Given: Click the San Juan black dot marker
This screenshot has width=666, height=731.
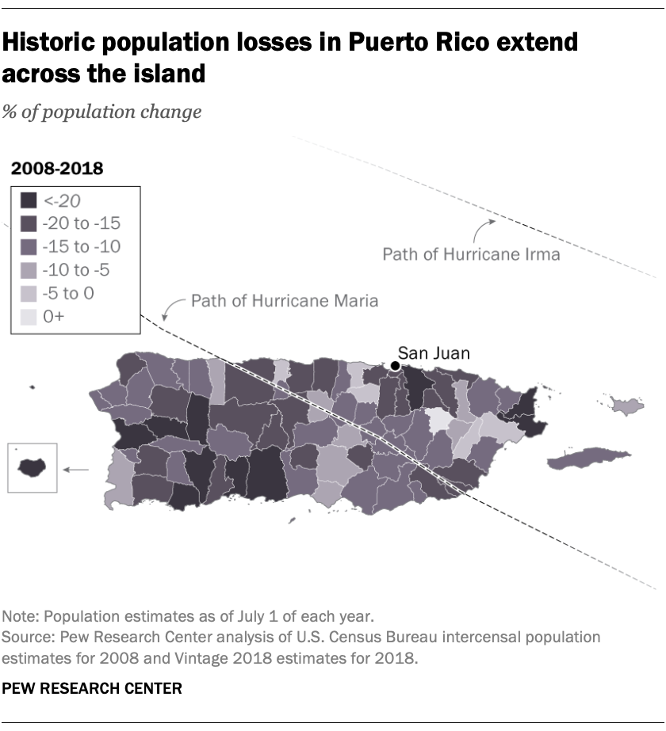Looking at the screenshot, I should click(395, 365).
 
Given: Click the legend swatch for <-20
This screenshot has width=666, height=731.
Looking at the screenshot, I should click(29, 200).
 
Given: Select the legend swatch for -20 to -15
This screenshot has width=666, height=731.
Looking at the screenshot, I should click(29, 223).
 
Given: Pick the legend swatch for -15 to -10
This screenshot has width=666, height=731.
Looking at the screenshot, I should click(29, 247).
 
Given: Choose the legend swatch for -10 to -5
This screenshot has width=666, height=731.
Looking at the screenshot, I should click(29, 270).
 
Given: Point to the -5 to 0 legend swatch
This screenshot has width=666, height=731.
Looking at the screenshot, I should click(29, 294).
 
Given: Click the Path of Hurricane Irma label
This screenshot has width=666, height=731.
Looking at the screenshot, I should click(471, 254).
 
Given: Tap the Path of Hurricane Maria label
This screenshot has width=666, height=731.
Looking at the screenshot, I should click(284, 301).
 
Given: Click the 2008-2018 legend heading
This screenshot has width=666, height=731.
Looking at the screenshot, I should click(55, 168).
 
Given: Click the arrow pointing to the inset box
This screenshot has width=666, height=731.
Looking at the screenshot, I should click(76, 470).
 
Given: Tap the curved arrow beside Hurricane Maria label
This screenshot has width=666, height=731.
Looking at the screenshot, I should click(170, 306).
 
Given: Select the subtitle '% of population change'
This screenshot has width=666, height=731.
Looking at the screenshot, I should click(101, 112).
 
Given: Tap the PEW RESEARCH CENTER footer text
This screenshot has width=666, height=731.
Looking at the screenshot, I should click(92, 688).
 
